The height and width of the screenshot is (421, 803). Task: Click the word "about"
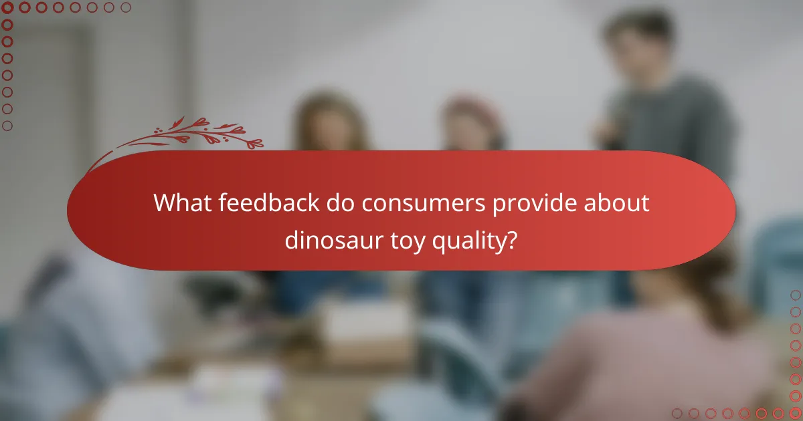tap(619, 202)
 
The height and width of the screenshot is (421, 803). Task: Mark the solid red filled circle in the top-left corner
tap(8, 8)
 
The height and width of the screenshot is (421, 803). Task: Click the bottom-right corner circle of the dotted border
tap(795, 413)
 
